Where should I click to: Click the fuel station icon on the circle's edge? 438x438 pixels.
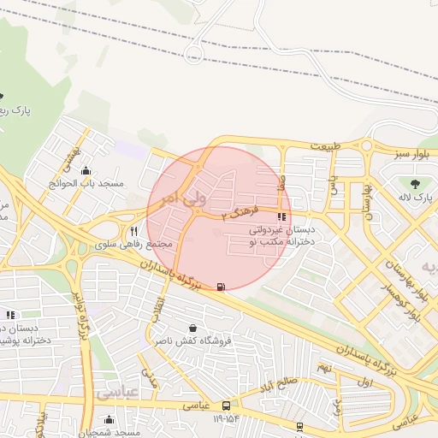click(222, 287)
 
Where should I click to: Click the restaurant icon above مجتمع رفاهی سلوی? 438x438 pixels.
click(133, 231)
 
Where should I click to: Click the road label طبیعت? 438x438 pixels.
click(325, 146)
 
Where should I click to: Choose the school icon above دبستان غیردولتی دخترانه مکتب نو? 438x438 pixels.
click(282, 216)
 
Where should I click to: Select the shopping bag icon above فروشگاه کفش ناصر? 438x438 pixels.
click(192, 328)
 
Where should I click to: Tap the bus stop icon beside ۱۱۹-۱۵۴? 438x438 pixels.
click(226, 405)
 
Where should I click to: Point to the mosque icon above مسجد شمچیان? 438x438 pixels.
click(109, 419)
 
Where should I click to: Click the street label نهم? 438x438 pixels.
click(323, 366)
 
